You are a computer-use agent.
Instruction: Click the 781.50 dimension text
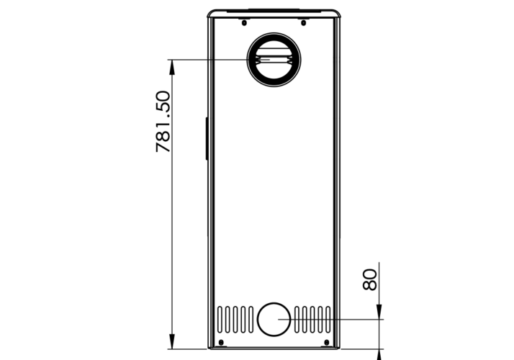point(163,122)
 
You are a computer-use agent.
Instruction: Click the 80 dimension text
point(370,279)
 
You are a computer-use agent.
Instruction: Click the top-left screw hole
point(244,22)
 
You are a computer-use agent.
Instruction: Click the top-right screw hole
point(304,22)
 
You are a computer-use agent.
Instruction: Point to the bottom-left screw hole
point(221,342)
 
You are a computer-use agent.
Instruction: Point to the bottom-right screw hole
point(327,342)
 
